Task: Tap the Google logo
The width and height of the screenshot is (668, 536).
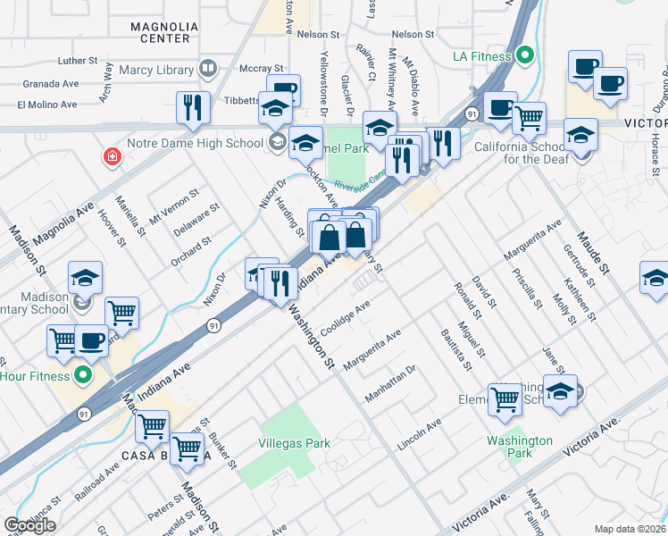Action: [29, 525]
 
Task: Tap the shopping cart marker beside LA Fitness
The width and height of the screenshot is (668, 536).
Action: [530, 118]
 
